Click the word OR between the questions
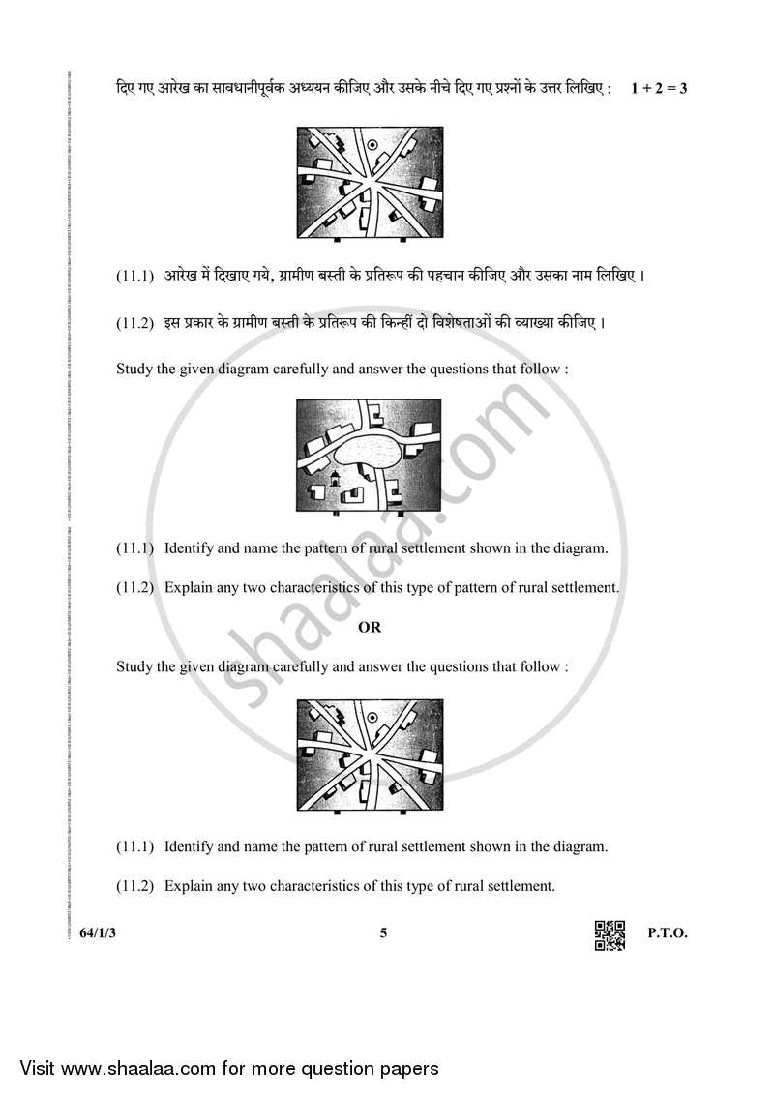point(370,627)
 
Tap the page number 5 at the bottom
point(384,933)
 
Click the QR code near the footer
point(610,934)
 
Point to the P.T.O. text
point(667,933)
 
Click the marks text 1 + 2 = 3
point(658,89)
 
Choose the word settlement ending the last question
point(519,885)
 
